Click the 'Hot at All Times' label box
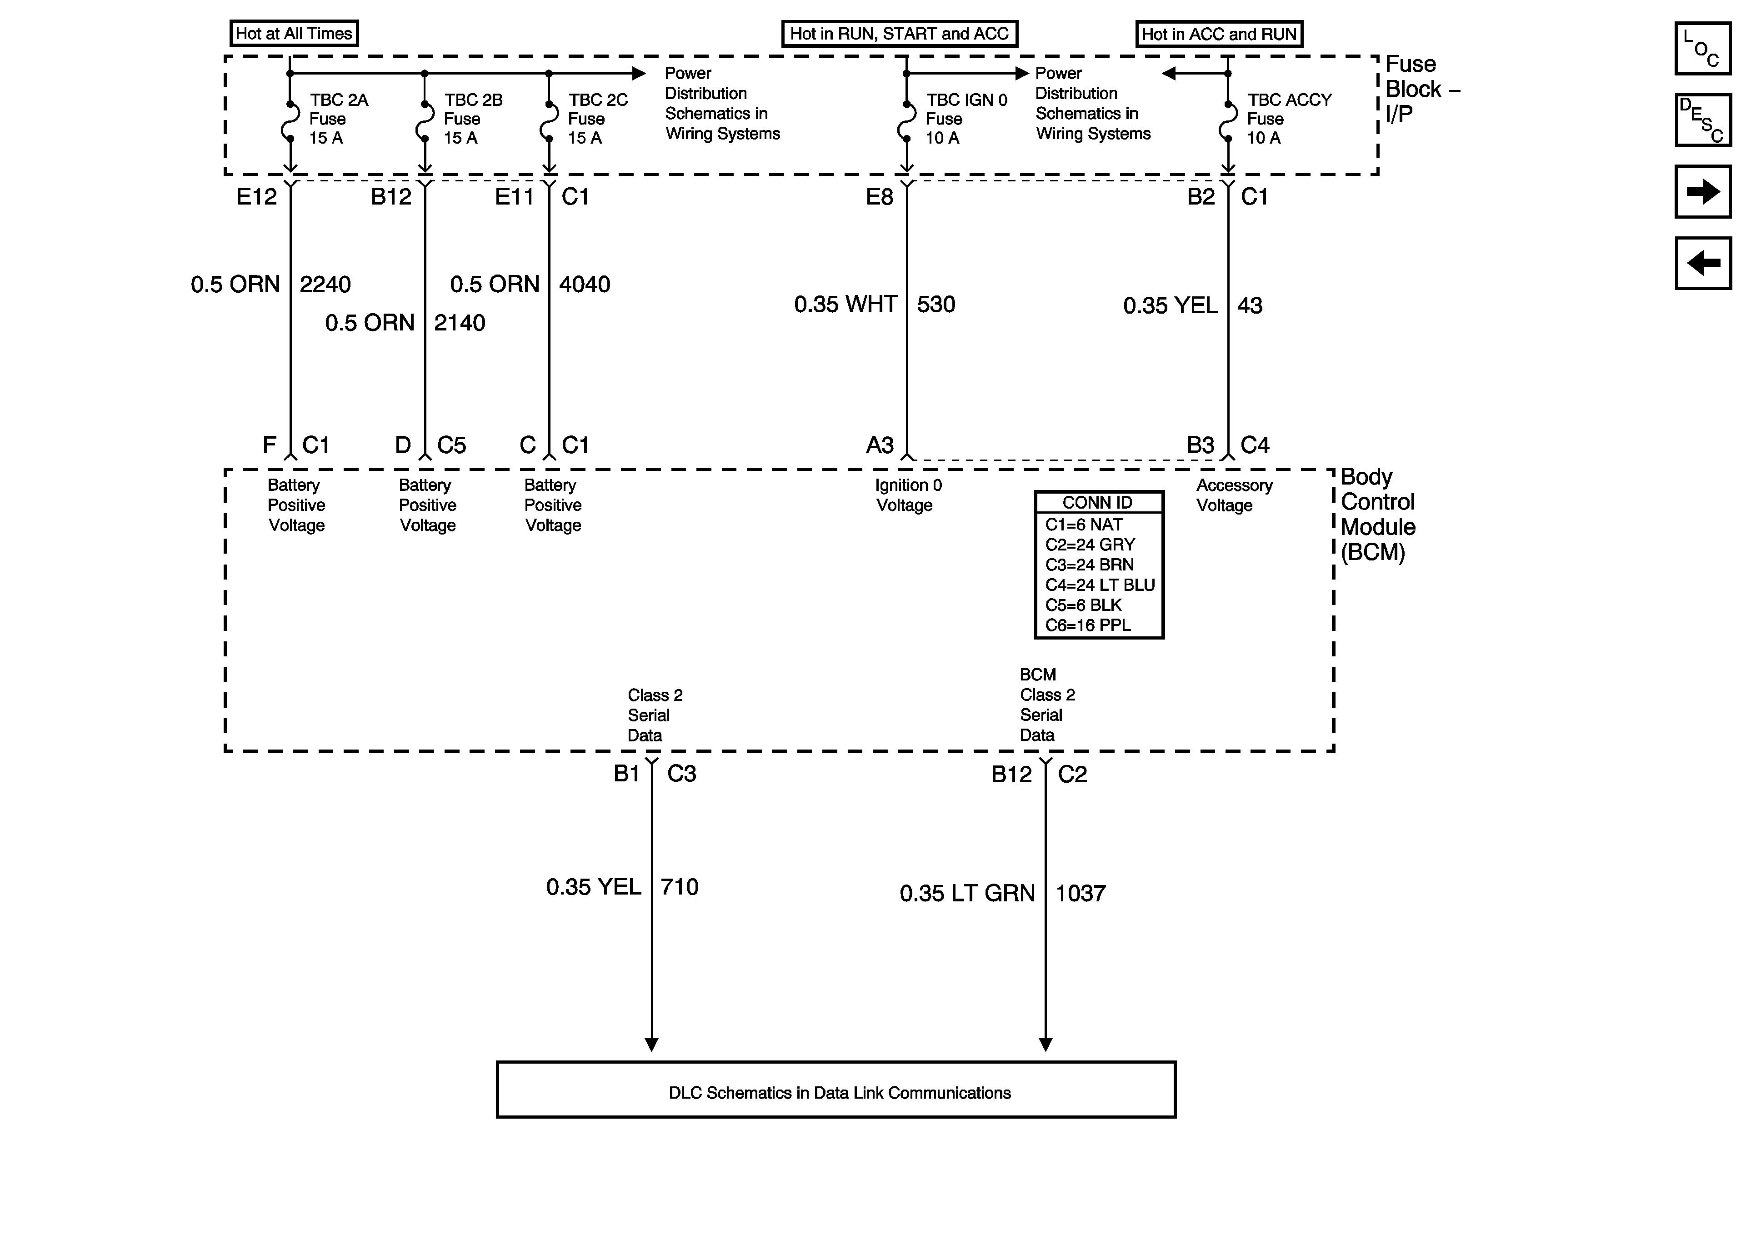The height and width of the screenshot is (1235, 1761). (x=294, y=34)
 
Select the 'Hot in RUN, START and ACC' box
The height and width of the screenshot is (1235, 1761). (x=899, y=34)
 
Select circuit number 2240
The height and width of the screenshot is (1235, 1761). (x=325, y=285)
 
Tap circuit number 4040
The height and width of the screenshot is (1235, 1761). (x=585, y=285)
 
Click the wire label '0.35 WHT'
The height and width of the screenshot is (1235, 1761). (x=845, y=305)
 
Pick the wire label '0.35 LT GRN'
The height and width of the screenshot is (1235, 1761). (x=967, y=894)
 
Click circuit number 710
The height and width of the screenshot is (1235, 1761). (x=680, y=888)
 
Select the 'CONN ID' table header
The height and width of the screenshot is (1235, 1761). (x=1098, y=502)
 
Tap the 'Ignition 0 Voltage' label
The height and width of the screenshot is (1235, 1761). (x=908, y=495)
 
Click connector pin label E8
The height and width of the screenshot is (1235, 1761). (x=880, y=197)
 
